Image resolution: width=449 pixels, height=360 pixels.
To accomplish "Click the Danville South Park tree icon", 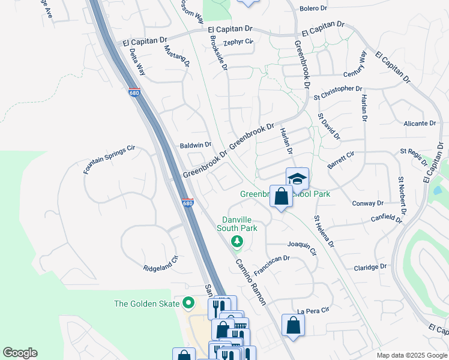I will tap(238, 241).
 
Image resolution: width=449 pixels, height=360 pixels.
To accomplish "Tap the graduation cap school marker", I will tap(297, 179).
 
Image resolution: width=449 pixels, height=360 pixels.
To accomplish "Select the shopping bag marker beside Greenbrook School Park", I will tap(281, 196).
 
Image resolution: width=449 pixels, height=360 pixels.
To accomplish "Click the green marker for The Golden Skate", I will tap(188, 304).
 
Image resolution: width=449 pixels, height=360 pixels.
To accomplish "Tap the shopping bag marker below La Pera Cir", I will tap(293, 325).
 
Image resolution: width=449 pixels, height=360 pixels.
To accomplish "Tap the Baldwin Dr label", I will tap(196, 145).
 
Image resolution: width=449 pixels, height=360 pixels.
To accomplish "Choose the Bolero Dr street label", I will tap(313, 8).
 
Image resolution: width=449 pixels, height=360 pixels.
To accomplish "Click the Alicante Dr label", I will tap(420, 123).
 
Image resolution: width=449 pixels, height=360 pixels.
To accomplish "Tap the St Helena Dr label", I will tap(324, 231).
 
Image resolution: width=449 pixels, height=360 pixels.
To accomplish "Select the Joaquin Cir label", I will tap(302, 246).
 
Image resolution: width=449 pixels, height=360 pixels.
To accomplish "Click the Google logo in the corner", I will tap(20, 353).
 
